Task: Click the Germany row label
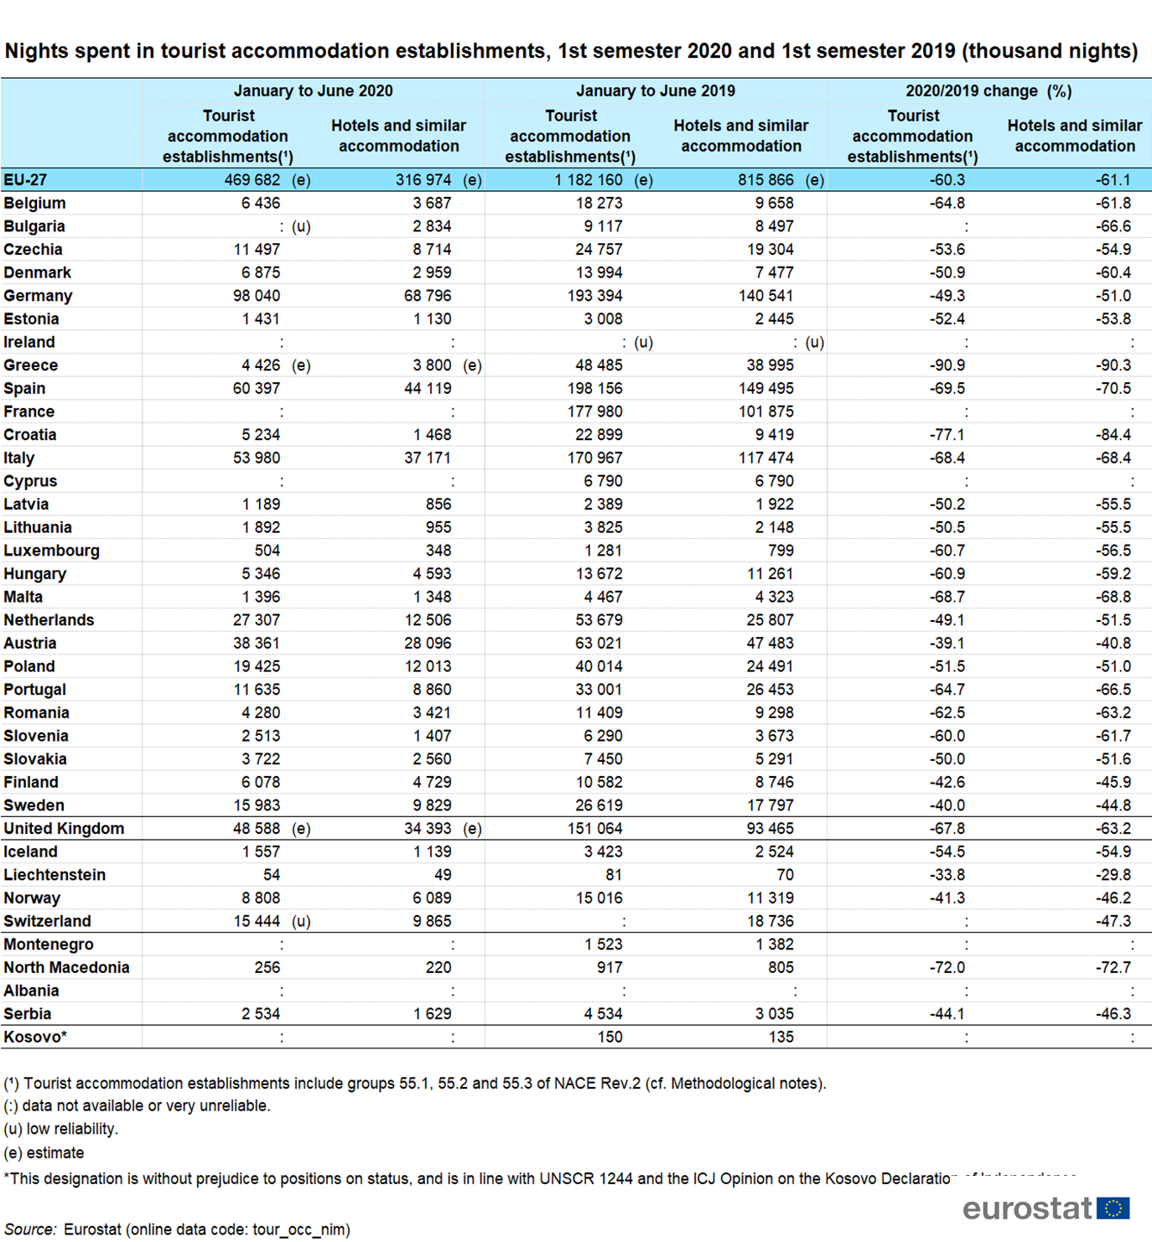coord(38,296)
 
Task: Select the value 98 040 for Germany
coord(257,296)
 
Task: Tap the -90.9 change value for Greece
coord(947,365)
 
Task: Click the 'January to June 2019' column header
coord(655,91)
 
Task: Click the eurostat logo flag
coord(1113,1208)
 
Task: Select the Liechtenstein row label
coord(54,875)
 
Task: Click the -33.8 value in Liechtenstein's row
coord(947,875)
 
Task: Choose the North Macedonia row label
coord(66,967)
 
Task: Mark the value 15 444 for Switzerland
coord(257,921)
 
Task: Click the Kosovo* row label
coord(35,1037)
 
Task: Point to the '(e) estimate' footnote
coord(44,1152)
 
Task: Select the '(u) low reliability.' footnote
coord(60,1129)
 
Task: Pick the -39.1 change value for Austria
coord(947,644)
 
